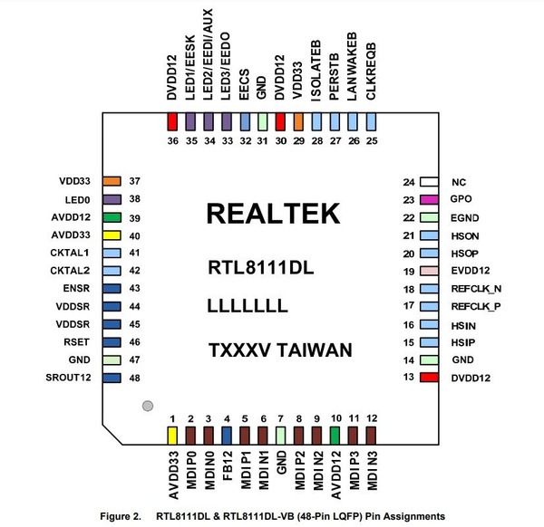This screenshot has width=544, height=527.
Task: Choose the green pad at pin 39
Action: [x=112, y=217]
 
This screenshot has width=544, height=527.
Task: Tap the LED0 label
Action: [x=76, y=199]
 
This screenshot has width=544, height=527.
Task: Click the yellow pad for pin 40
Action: [x=112, y=235]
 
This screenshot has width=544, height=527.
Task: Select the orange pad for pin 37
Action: [x=112, y=182]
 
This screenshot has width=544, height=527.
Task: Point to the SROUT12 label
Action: [x=70, y=376]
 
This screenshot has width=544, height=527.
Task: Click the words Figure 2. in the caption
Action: [x=121, y=516]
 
